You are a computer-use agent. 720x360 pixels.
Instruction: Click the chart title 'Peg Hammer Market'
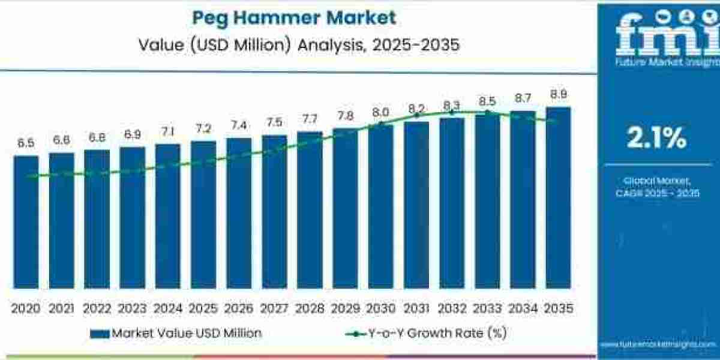click(293, 17)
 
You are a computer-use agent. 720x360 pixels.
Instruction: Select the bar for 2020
click(26, 222)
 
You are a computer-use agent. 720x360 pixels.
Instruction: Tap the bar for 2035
click(558, 198)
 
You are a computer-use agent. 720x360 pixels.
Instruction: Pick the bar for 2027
click(274, 211)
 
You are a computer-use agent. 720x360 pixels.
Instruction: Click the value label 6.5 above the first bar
click(26, 143)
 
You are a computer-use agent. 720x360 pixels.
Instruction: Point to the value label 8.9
click(558, 94)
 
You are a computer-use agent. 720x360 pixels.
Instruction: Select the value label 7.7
click(310, 119)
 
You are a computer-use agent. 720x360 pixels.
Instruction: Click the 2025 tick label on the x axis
click(203, 308)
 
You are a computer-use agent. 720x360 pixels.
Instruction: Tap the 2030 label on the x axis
click(380, 308)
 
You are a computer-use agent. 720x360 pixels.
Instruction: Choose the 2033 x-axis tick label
click(487, 308)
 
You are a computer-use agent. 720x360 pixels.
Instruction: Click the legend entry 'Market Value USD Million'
click(176, 333)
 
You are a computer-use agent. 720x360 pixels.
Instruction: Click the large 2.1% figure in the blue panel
click(656, 139)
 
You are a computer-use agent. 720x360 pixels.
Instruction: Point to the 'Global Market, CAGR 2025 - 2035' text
click(656, 187)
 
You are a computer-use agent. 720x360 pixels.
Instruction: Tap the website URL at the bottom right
click(658, 344)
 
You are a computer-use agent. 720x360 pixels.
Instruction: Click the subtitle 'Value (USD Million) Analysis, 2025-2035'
click(293, 44)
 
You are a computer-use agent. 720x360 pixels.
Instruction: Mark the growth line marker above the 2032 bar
click(452, 112)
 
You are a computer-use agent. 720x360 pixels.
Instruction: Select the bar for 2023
click(132, 217)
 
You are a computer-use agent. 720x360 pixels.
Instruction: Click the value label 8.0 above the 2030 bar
click(380, 112)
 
